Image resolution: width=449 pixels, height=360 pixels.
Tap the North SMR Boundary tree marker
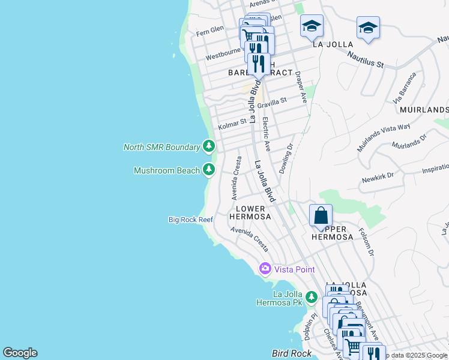[209, 146]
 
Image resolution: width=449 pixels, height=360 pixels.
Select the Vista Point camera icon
[265, 269]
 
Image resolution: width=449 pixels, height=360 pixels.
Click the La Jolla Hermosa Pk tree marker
[311, 297]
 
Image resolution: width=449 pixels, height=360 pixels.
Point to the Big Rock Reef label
[190, 220]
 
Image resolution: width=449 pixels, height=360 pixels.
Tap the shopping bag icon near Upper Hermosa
[321, 215]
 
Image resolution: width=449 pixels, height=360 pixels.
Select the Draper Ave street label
[301, 87]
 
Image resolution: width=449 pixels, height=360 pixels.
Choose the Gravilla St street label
[273, 103]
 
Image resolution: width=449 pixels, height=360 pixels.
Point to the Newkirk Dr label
[377, 177]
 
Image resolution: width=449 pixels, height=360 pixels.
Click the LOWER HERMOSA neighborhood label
[250, 212]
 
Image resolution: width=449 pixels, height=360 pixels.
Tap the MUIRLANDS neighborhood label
[424, 110]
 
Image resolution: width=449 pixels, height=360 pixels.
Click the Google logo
[20, 353]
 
